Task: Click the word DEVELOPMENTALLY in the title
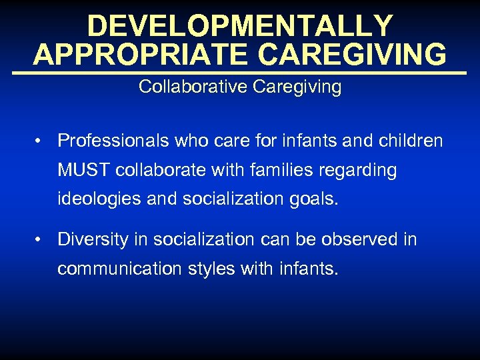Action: (240, 26)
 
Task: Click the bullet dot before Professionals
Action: (41, 141)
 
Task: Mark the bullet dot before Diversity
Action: (41, 240)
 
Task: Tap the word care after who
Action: (225, 141)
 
